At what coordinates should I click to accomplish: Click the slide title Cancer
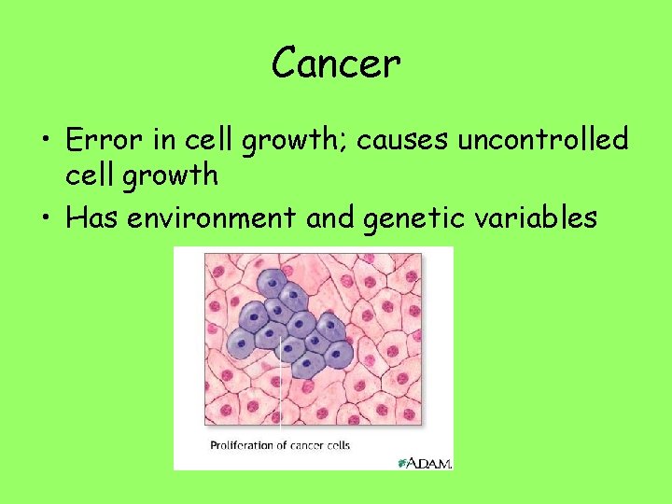336,63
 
